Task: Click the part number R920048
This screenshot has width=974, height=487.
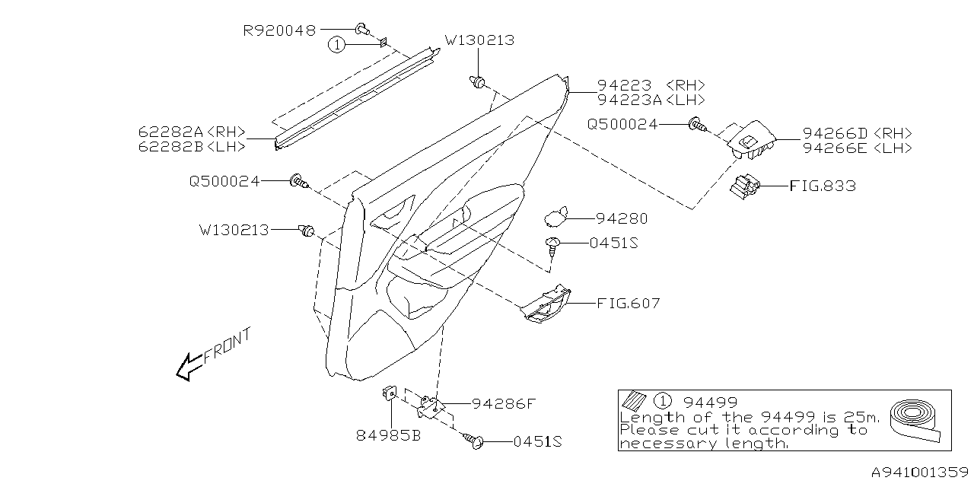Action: [x=279, y=30]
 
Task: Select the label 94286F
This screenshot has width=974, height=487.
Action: [x=504, y=404]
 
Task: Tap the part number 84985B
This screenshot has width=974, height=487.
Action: [x=388, y=436]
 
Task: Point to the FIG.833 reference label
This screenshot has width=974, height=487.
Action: [x=823, y=186]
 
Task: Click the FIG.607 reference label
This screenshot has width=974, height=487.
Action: [x=628, y=303]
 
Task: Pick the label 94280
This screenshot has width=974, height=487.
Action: [x=622, y=218]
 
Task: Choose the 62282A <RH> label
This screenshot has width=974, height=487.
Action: [x=192, y=132]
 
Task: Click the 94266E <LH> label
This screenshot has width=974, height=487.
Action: [x=858, y=148]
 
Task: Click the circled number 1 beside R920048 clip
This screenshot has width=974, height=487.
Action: [x=336, y=45]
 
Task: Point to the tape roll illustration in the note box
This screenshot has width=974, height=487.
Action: [x=916, y=421]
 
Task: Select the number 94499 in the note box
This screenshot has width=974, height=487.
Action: [x=710, y=403]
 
